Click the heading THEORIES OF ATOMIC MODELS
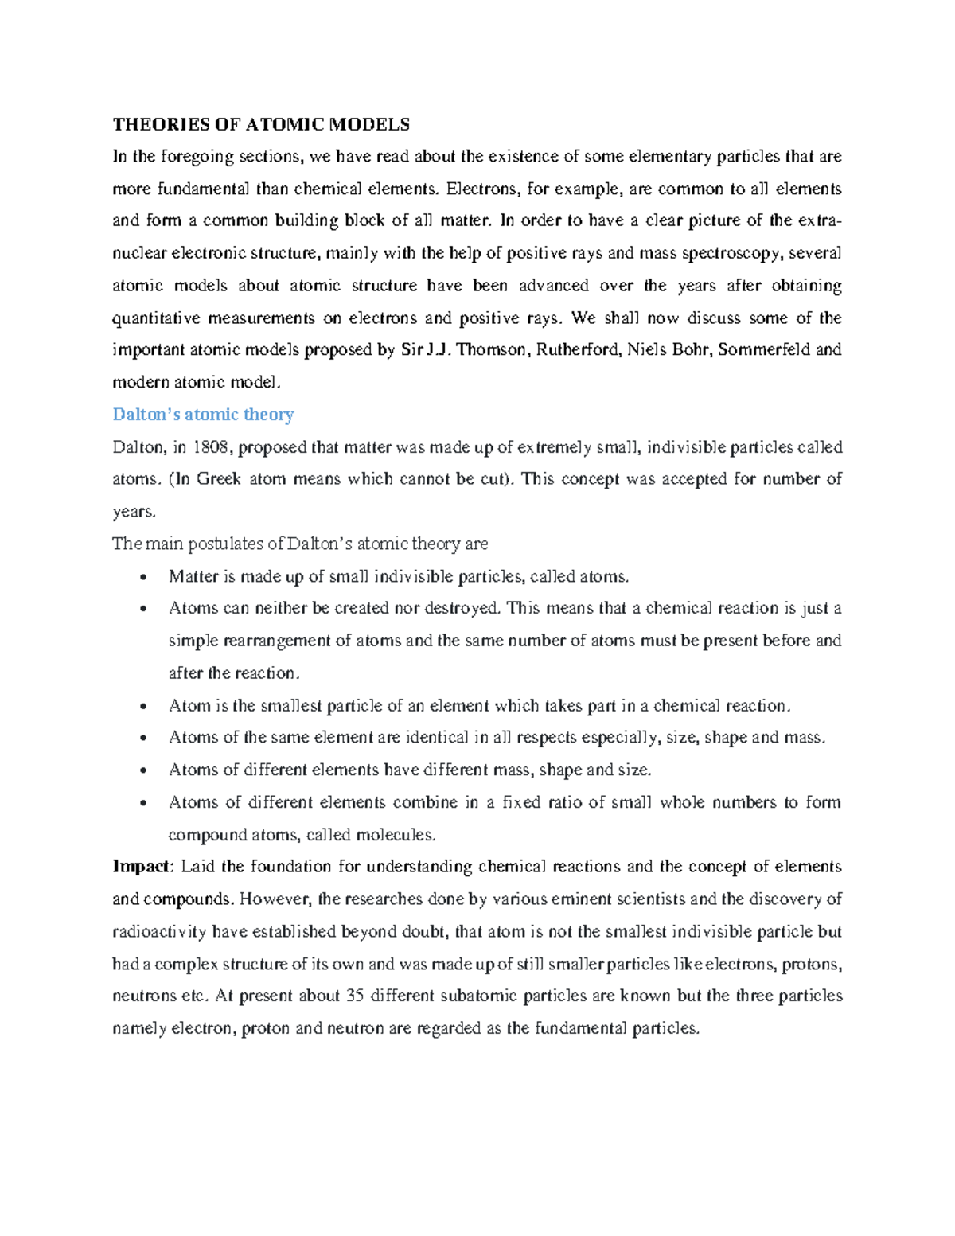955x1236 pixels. (261, 124)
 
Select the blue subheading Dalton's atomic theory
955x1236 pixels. (203, 415)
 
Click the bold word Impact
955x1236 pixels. (141, 867)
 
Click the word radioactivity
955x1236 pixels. (158, 931)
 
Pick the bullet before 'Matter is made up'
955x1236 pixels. (142, 577)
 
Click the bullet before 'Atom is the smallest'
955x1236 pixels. (142, 706)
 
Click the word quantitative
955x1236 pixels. (157, 318)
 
